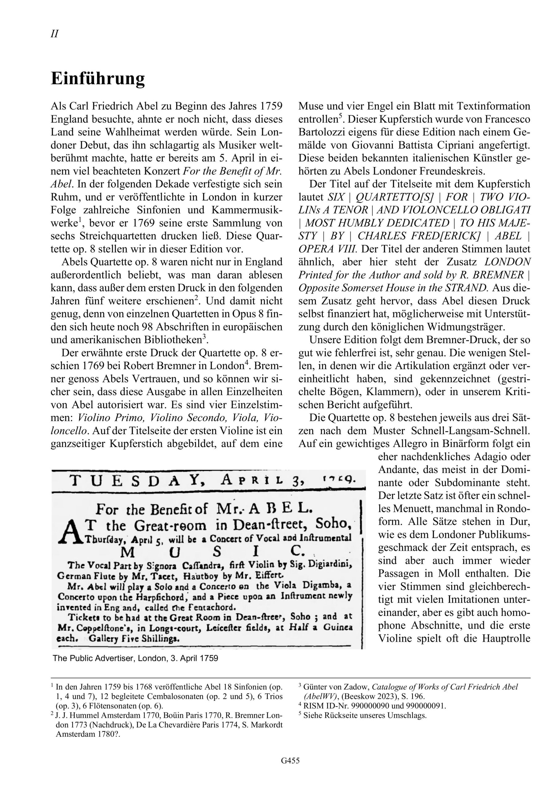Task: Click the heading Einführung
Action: [x=98, y=79]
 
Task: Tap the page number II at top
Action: [x=54, y=34]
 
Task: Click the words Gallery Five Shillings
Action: [x=134, y=638]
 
